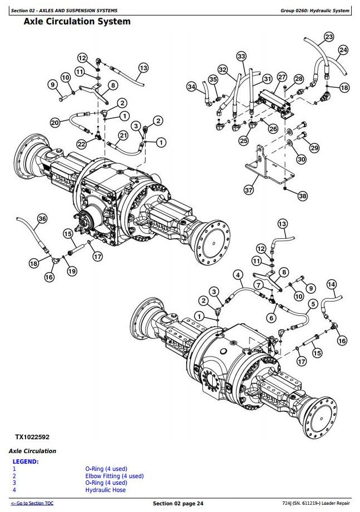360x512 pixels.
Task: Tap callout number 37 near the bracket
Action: tap(249, 190)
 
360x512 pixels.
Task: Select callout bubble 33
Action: tap(241, 57)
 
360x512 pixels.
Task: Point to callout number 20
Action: tap(55, 122)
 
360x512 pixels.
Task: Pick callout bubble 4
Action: tap(237, 274)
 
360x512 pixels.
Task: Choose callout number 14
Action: tap(332, 285)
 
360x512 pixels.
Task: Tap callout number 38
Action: tap(302, 196)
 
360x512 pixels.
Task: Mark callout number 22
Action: tap(82, 144)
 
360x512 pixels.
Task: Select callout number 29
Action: tap(314, 148)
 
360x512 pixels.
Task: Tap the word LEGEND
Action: tap(26, 461)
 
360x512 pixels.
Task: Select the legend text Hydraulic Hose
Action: tap(106, 490)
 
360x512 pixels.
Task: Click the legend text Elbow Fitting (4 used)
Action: tap(114, 476)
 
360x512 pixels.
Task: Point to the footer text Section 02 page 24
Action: tap(178, 503)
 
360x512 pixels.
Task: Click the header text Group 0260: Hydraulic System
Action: tap(314, 11)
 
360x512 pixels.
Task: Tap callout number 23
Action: tap(329, 37)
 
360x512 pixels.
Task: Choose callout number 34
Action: tap(192, 87)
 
